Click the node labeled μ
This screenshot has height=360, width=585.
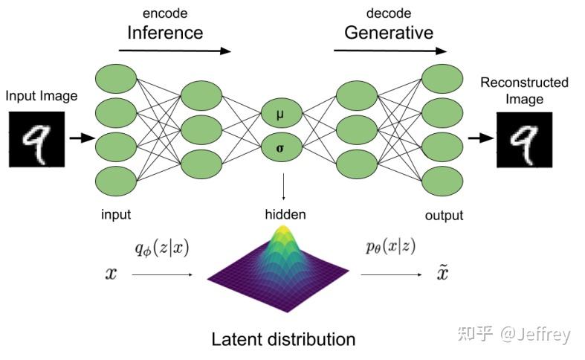[280, 116]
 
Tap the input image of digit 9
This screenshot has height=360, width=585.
[36, 139]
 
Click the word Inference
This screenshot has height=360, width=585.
[164, 32]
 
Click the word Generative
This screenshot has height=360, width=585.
[388, 32]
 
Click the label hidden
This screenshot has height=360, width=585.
[285, 214]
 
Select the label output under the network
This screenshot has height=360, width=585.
[444, 215]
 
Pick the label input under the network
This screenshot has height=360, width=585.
[116, 214]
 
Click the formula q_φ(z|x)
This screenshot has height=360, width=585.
[162, 248]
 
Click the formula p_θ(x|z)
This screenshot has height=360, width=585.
[390, 248]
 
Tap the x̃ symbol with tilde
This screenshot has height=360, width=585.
[442, 274]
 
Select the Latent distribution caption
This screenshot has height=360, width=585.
[283, 339]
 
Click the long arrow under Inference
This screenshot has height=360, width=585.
[175, 51]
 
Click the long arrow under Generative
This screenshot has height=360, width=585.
[390, 51]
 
